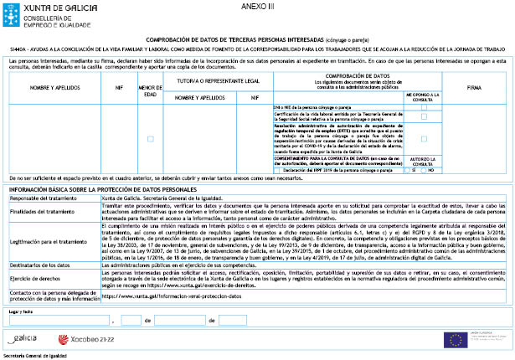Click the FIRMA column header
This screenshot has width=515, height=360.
tap(474, 87)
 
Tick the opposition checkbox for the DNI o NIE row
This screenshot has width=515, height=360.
tap(425, 107)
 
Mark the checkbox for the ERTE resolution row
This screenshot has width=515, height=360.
tap(425, 137)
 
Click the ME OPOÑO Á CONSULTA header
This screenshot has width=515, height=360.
tap(425, 97)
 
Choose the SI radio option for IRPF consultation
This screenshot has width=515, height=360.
tap(406, 170)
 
